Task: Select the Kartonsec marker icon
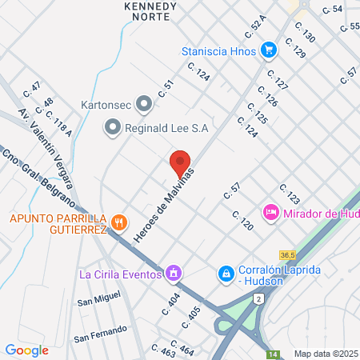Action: click(144, 103)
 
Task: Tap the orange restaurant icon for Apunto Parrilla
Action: click(119, 222)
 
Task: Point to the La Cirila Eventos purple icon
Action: click(172, 274)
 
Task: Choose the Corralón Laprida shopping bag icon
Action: click(226, 274)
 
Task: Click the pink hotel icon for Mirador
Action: click(270, 213)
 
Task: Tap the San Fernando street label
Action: click(100, 333)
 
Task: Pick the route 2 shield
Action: click(258, 298)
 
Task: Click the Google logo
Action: click(26, 350)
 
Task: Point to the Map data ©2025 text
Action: click(326, 354)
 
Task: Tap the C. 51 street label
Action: click(166, 89)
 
